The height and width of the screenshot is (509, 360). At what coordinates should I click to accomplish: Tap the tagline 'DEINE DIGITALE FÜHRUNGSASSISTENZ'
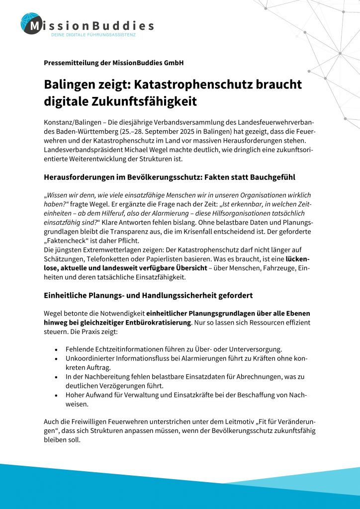click(x=93, y=36)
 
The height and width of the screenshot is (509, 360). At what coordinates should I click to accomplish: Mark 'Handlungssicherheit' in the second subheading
click(x=168, y=295)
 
